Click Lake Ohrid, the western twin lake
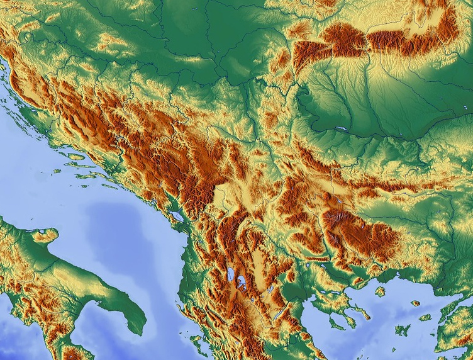231,276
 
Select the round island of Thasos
380,291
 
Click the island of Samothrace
415,303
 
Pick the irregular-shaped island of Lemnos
402,329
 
